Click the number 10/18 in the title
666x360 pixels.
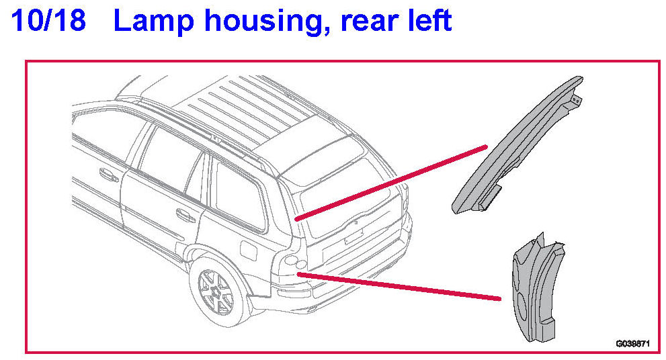click(x=48, y=21)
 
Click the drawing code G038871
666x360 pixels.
click(x=632, y=344)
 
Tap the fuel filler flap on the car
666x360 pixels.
click(x=249, y=253)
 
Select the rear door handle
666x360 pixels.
click(x=181, y=215)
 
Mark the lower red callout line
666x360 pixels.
click(x=400, y=285)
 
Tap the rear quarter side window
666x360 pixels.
click(x=239, y=195)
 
